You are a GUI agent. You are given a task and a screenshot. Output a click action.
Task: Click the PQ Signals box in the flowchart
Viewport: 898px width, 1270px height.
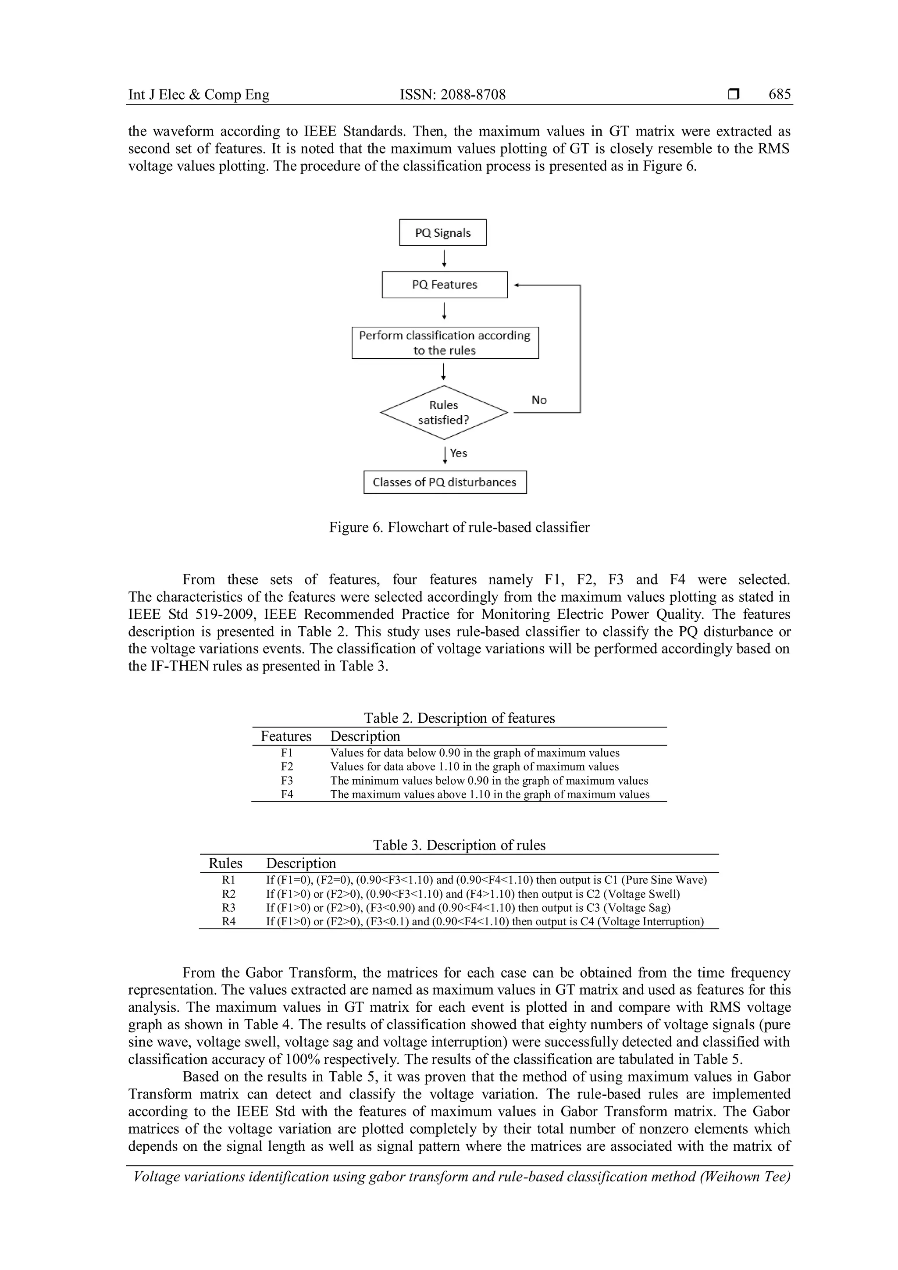pyautogui.click(x=442, y=232)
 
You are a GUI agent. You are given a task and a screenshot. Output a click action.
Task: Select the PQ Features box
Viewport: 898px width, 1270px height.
pyautogui.click(x=444, y=284)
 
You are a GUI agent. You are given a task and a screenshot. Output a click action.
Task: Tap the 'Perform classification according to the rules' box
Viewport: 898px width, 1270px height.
pyautogui.click(x=445, y=342)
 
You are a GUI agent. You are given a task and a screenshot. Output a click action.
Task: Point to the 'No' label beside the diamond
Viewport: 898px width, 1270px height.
pyautogui.click(x=538, y=400)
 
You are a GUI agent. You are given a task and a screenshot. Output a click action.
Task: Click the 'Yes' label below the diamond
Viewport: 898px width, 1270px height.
pyautogui.click(x=458, y=453)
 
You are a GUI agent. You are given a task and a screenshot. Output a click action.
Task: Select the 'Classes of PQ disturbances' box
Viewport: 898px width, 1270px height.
pyautogui.click(x=445, y=482)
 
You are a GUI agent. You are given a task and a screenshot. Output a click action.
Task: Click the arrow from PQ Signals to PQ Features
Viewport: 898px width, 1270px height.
pyautogui.click(x=444, y=258)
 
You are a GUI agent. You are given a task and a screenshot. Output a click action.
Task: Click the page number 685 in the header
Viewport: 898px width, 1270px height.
pyautogui.click(x=779, y=95)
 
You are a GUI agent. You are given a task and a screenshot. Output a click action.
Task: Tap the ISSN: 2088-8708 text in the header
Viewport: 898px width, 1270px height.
pyautogui.click(x=453, y=95)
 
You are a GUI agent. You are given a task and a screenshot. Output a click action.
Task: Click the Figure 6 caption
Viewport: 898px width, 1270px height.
pyautogui.click(x=459, y=527)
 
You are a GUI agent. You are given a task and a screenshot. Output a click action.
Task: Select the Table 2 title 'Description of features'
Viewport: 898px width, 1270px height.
pyautogui.click(x=459, y=718)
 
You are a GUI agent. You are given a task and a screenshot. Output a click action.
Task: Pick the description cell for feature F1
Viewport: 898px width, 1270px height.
pyautogui.click(x=474, y=753)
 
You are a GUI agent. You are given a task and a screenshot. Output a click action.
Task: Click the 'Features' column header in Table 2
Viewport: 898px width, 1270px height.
pyautogui.click(x=286, y=736)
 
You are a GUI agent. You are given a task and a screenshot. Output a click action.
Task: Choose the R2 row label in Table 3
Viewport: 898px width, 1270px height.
pyautogui.click(x=228, y=894)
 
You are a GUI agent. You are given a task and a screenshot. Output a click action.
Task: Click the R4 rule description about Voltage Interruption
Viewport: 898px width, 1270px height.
pyautogui.click(x=485, y=921)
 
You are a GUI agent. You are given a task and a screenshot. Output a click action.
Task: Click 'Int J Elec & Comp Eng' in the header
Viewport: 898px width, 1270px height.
pyautogui.click(x=199, y=95)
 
